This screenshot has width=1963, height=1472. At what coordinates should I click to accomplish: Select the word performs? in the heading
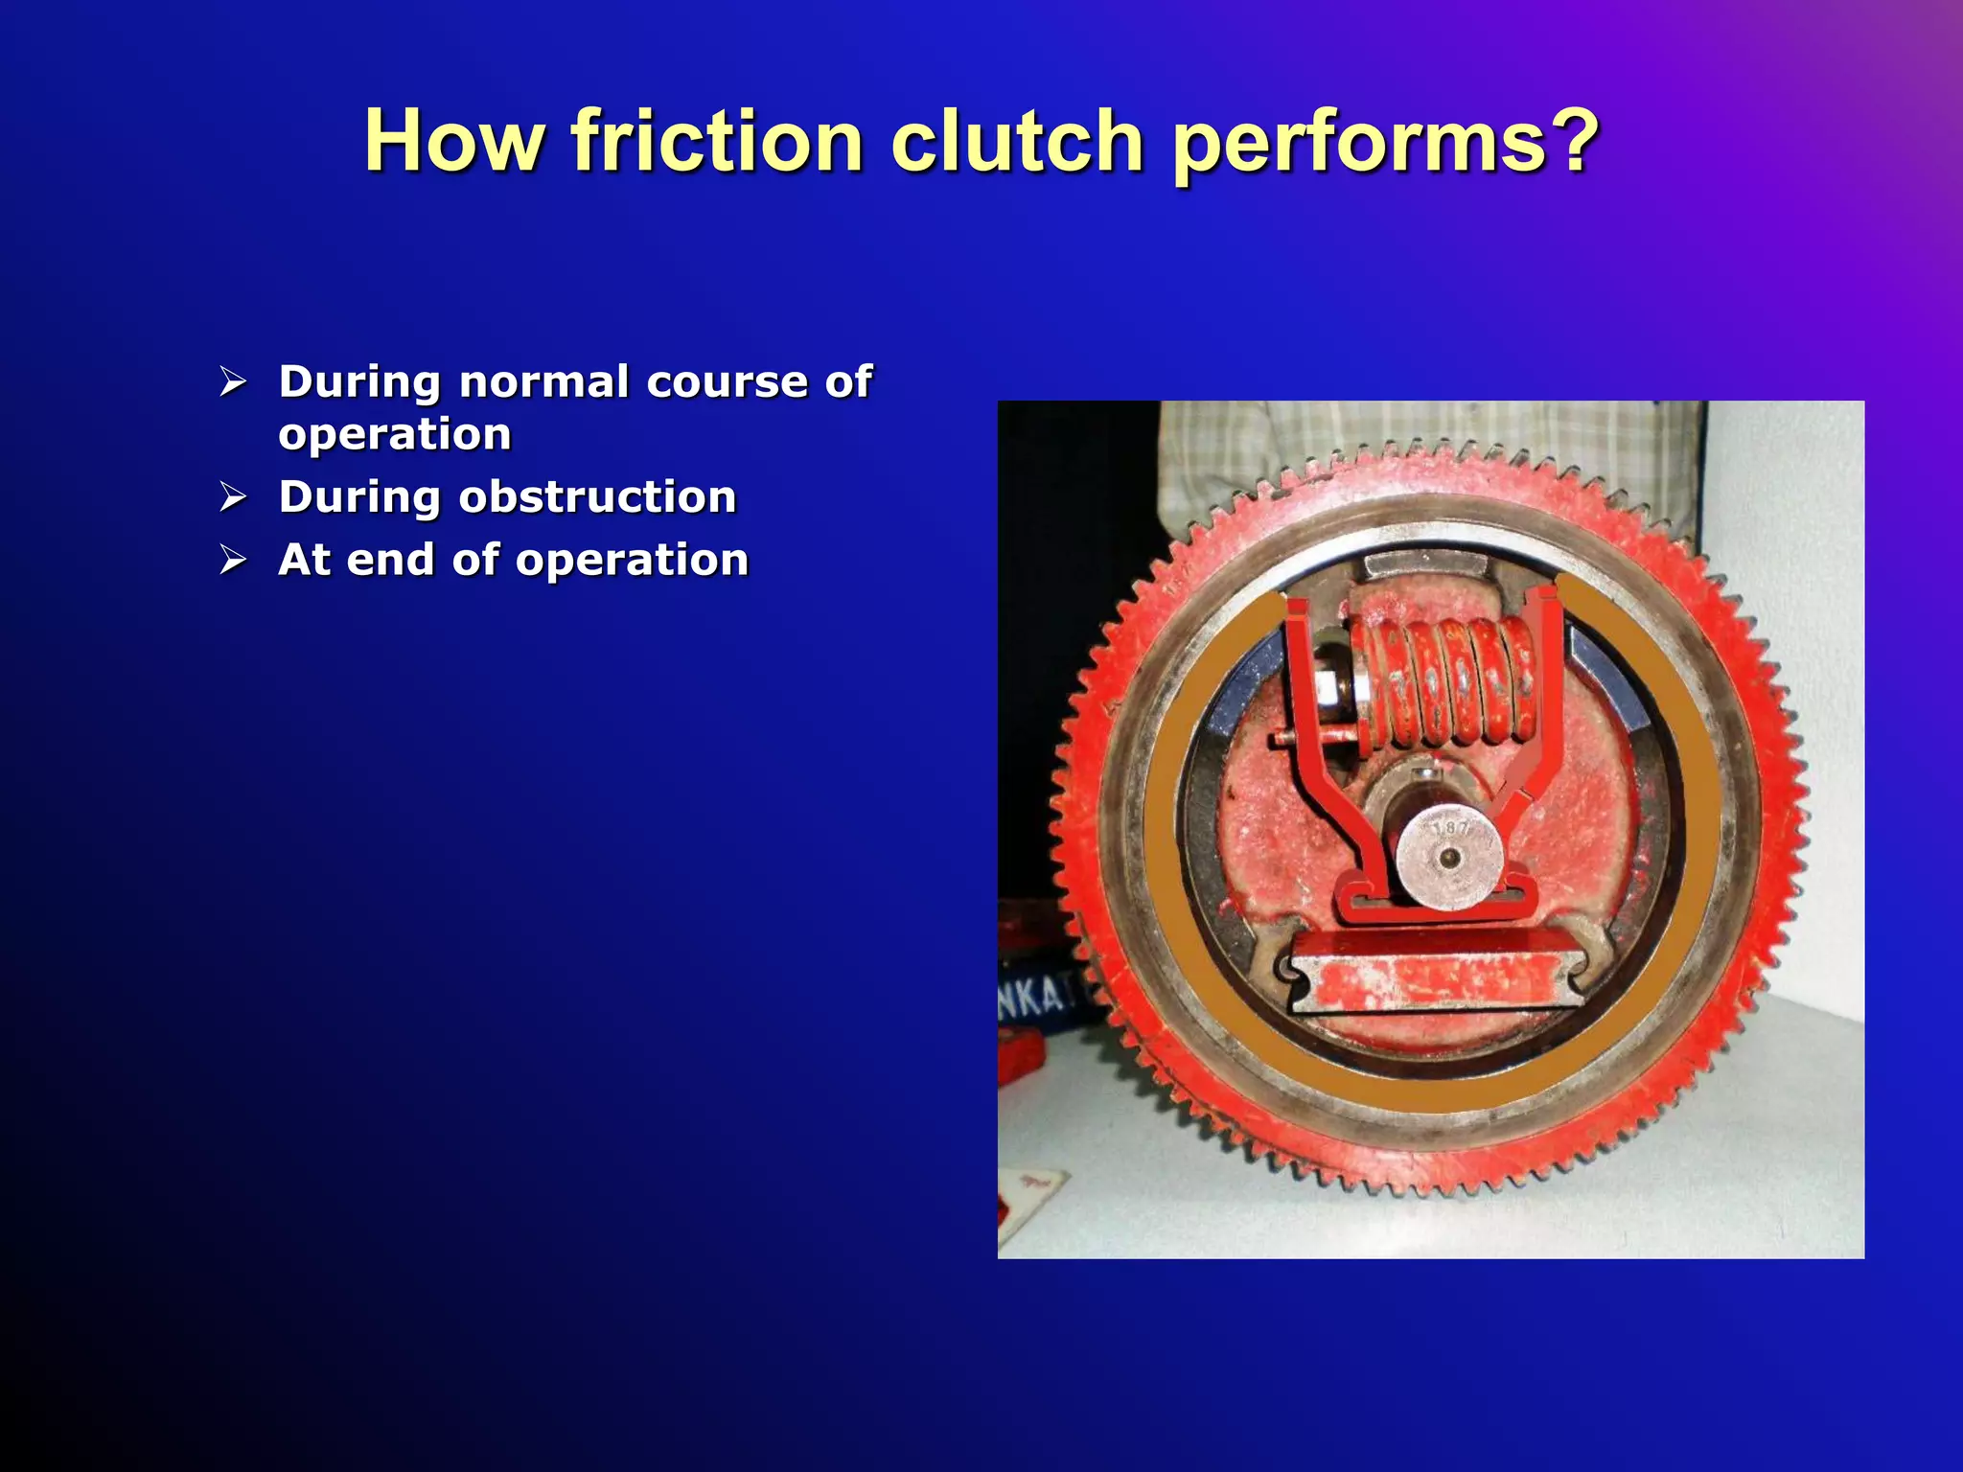(x=1385, y=144)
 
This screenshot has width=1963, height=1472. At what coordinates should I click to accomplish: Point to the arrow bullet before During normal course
(x=233, y=382)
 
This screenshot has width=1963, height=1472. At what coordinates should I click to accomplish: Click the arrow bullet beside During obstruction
(x=233, y=497)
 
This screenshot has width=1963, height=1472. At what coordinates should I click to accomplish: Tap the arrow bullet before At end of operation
(x=233, y=560)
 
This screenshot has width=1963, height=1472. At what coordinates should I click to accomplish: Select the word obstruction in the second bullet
(x=596, y=497)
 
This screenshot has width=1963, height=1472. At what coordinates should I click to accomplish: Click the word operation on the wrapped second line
(x=395, y=435)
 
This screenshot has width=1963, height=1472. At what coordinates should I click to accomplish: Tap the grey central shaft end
(x=1448, y=856)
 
